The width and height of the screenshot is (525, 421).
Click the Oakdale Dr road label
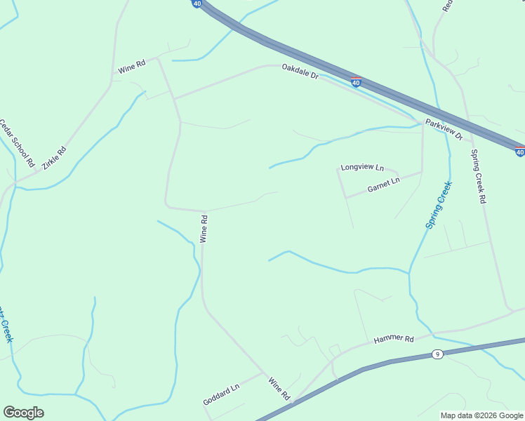(x=300, y=71)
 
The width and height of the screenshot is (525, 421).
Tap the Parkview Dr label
(x=444, y=129)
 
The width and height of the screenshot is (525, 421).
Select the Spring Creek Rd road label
(x=478, y=176)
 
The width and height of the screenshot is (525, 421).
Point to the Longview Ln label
(x=362, y=168)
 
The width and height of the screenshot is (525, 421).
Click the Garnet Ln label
(x=383, y=185)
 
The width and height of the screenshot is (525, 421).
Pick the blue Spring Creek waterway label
(x=439, y=204)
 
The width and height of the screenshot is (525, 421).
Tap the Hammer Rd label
(x=393, y=339)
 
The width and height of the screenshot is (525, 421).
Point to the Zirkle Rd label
(x=54, y=157)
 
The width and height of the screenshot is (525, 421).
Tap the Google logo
(x=23, y=413)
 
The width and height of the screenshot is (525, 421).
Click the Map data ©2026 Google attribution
(x=481, y=415)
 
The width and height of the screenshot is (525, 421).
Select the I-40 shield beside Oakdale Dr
(x=357, y=83)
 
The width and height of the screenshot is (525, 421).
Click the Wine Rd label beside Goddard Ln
(x=279, y=389)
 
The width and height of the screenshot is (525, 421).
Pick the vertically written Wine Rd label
(x=204, y=229)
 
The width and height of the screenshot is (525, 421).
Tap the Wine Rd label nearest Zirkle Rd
(x=131, y=67)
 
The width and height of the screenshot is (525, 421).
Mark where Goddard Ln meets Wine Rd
(x=265, y=374)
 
